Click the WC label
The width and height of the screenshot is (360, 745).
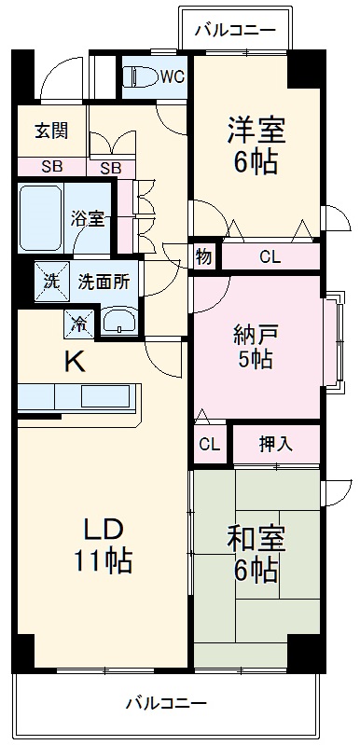click(172, 76)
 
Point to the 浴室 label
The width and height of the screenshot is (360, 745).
click(90, 220)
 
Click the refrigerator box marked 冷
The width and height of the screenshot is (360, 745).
click(79, 324)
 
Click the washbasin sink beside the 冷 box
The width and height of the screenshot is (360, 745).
click(118, 323)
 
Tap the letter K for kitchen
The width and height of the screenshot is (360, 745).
click(74, 361)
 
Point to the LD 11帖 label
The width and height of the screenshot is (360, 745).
click(104, 545)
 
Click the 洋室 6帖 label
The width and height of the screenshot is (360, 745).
click(254, 145)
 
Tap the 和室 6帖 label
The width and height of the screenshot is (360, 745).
click(255, 553)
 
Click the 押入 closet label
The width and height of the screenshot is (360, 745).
click(276, 444)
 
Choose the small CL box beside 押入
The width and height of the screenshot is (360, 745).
click(209, 445)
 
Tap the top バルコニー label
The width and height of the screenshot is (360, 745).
click(235, 31)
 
